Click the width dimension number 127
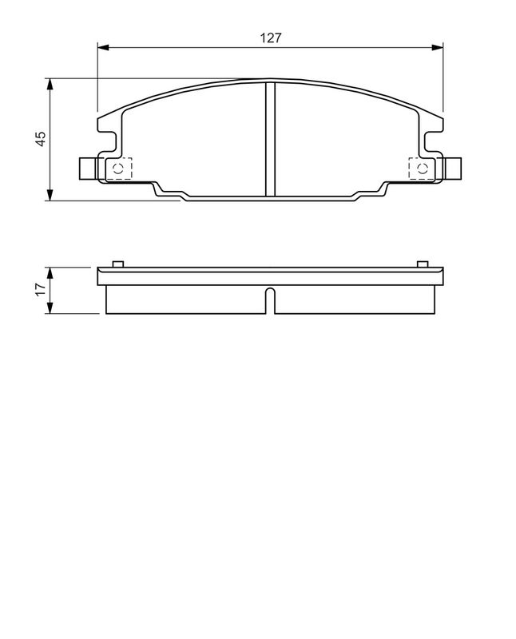click(269, 38)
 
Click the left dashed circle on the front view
click(118, 168)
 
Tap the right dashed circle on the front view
click(421, 168)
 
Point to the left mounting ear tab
click(87, 168)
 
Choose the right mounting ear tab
click(453, 168)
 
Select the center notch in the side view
click(270, 302)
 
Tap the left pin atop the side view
click(117, 264)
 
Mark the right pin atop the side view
click(422, 264)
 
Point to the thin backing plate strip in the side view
click(269, 277)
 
